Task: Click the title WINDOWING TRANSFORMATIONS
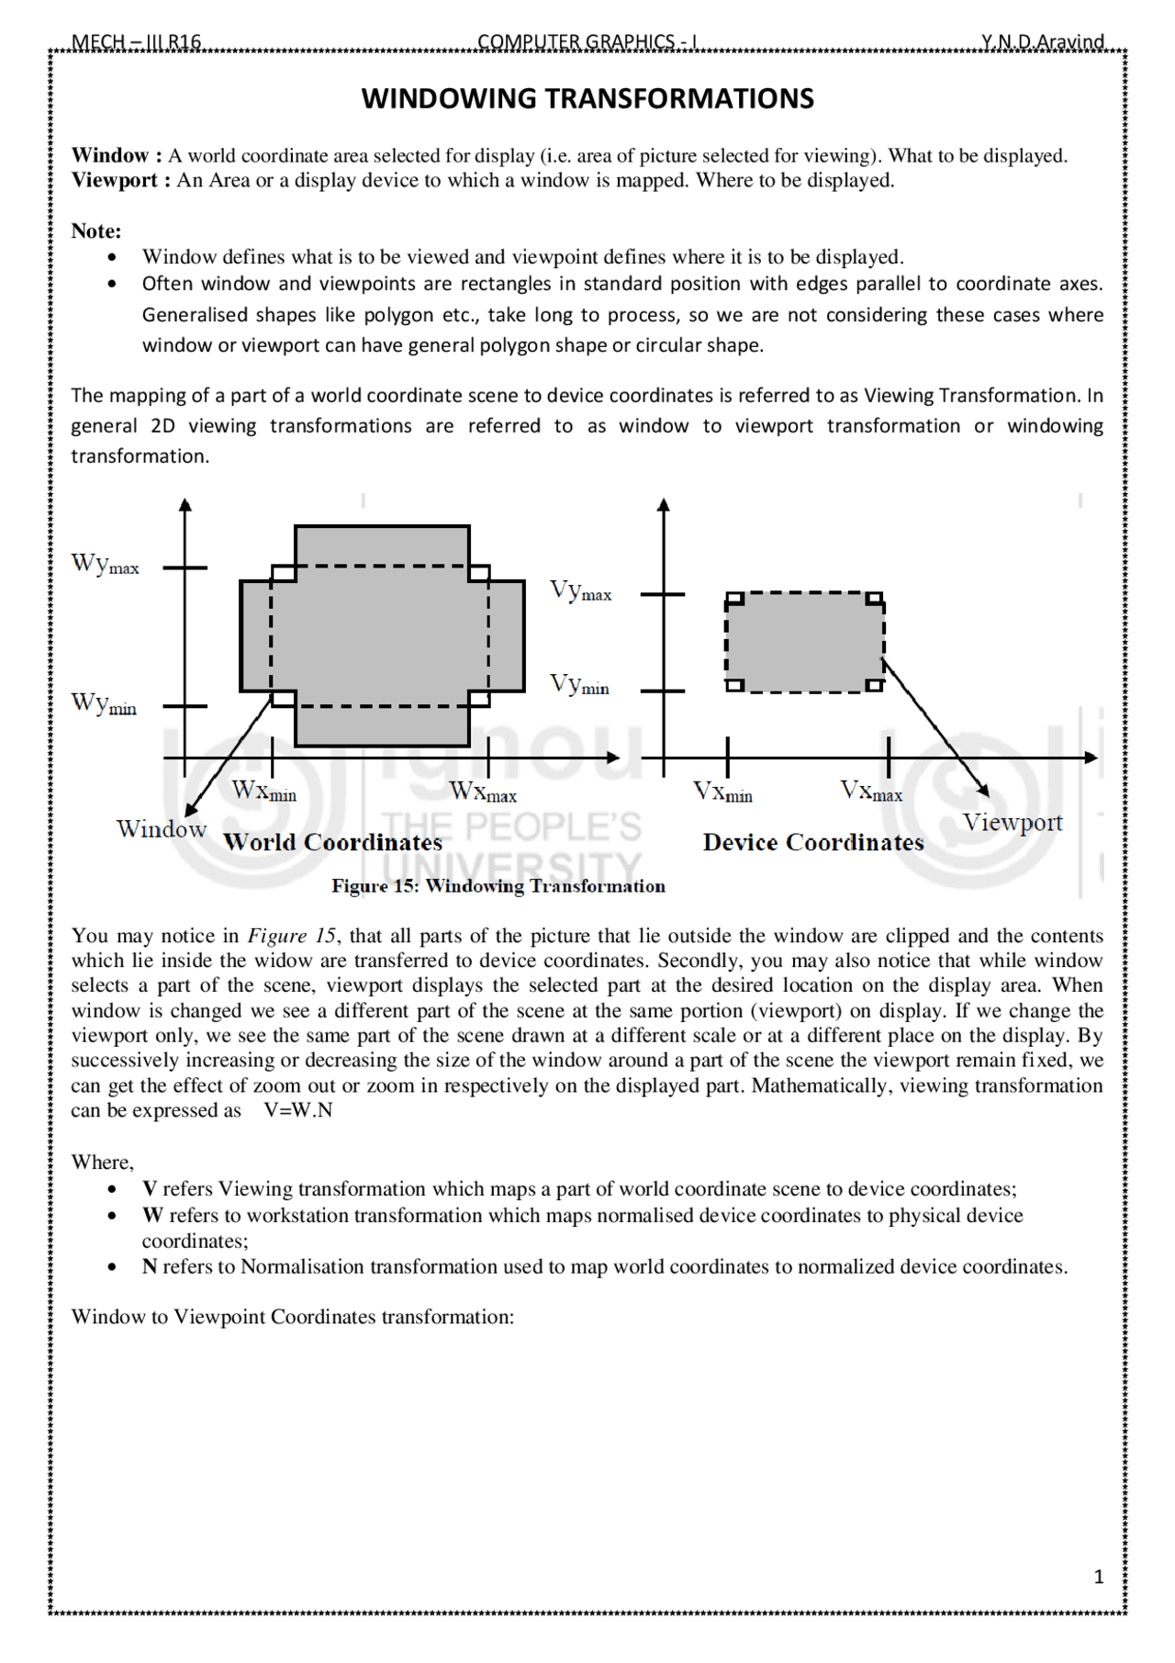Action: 587,99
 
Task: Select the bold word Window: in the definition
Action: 117,155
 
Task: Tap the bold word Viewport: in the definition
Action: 120,180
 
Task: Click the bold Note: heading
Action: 96,230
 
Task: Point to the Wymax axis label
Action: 106,565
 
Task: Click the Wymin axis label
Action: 104,704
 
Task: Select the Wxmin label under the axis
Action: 264,791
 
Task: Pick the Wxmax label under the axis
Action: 483,791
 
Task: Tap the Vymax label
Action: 580,591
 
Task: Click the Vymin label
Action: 579,685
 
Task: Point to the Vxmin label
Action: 722,792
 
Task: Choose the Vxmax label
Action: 871,791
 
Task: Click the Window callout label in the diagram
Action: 162,829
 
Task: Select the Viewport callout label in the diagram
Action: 1012,823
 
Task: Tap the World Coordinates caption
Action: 332,843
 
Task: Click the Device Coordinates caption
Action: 813,843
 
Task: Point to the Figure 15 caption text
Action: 498,886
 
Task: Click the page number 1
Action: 1099,1577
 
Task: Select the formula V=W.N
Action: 298,1110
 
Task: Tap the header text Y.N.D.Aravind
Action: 1042,42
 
